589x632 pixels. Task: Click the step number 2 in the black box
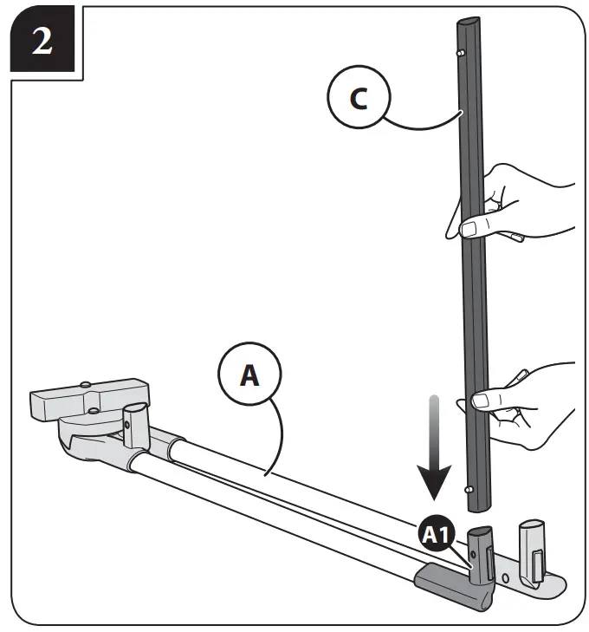(x=41, y=40)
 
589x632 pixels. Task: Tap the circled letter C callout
(x=359, y=99)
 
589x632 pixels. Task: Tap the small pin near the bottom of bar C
(x=468, y=490)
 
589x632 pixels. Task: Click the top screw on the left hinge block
(x=87, y=382)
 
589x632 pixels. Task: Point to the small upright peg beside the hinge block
(x=135, y=420)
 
